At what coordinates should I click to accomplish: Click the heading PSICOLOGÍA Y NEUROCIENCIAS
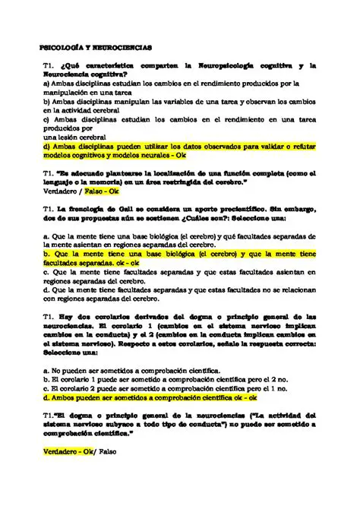pos(96,47)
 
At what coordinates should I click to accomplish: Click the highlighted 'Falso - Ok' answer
pos(102,191)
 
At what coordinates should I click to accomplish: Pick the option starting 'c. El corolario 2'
pos(167,387)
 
